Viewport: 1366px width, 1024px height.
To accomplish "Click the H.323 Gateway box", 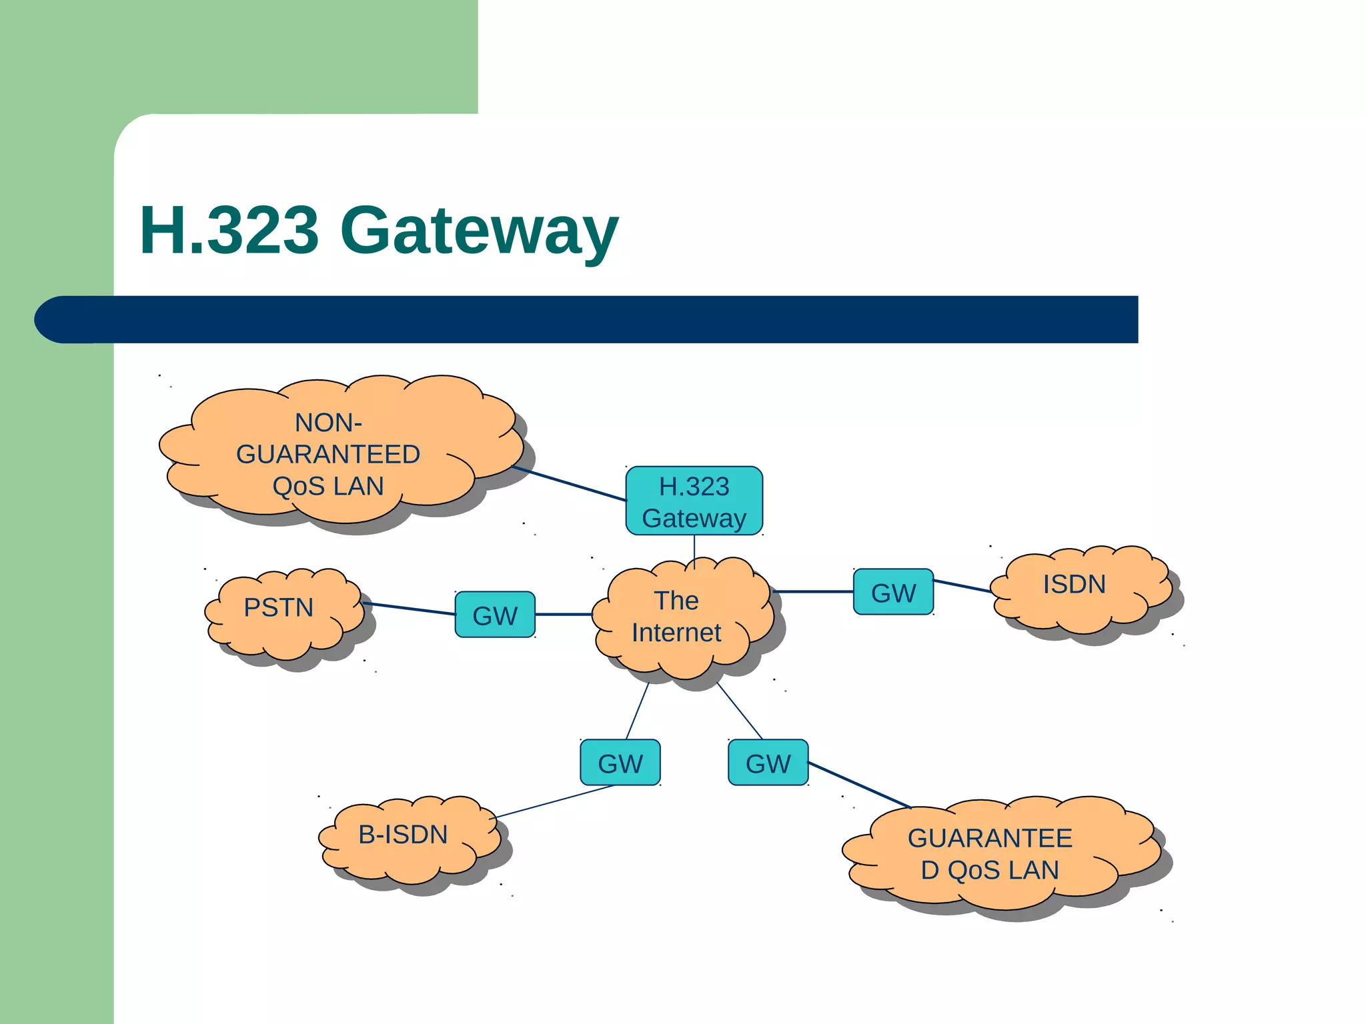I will (694, 501).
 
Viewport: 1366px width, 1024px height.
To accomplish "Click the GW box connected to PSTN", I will (495, 615).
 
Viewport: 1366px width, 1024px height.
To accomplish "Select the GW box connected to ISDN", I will (893, 592).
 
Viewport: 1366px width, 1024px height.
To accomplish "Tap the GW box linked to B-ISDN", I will (620, 763).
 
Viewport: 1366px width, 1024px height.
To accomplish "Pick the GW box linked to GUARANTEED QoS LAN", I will (768, 763).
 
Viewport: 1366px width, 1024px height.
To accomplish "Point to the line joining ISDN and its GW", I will (962, 586).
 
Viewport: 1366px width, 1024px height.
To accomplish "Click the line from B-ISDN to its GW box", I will (554, 802).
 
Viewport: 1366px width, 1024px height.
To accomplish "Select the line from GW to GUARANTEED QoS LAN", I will (859, 785).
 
